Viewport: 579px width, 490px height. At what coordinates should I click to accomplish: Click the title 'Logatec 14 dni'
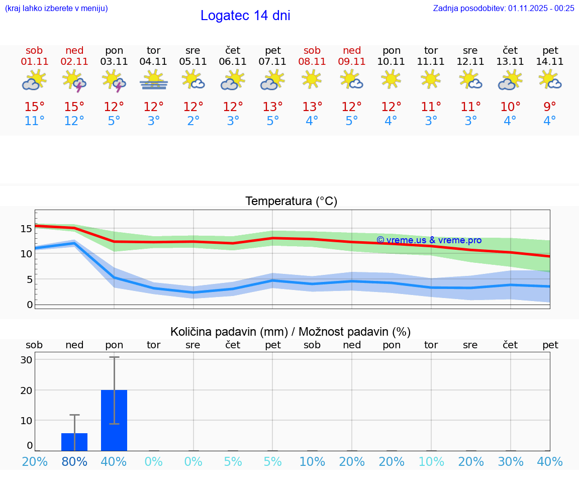coord(245,16)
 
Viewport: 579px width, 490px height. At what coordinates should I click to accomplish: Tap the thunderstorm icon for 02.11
coord(74,80)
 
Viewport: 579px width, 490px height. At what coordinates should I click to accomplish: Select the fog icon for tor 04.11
coord(154,80)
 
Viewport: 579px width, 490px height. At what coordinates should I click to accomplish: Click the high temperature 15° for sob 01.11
coord(34,107)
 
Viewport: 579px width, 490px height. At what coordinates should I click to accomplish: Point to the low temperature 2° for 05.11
coord(193,121)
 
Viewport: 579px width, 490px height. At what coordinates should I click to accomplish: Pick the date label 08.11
coord(312,62)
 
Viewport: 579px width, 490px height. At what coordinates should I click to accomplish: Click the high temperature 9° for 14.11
coord(550,107)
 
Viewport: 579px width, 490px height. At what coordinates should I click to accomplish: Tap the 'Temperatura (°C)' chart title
coord(291,202)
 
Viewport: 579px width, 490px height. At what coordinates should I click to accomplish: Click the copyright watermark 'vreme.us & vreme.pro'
coord(429,240)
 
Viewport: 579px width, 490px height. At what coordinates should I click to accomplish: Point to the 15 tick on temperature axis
coord(26,229)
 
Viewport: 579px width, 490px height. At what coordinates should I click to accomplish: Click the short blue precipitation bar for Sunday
coord(74,442)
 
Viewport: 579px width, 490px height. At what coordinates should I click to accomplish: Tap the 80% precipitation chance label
coord(74,461)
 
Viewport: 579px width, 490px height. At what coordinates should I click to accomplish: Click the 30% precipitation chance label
coord(511,461)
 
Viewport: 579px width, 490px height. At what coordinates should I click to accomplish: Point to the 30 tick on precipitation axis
coord(27,360)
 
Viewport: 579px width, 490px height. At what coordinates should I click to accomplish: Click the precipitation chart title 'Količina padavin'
coord(291,332)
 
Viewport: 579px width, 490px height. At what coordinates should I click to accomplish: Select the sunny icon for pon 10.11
coord(391,79)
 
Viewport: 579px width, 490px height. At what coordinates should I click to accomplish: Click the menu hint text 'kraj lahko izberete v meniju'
coord(56,8)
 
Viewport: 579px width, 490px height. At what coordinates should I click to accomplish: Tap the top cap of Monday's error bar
coord(114,357)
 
